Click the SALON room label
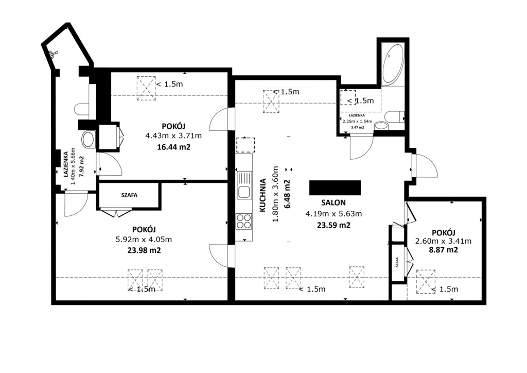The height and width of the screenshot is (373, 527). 333,202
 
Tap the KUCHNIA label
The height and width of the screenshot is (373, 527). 263,195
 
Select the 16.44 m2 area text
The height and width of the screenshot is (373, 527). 174,147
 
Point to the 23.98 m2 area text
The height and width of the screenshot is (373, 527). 144,250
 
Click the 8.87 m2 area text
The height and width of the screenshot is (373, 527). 443,250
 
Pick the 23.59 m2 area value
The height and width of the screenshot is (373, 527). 333,225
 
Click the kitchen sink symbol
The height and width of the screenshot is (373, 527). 244,185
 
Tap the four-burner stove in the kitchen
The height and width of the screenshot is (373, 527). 244,221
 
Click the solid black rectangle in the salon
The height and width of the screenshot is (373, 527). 335,188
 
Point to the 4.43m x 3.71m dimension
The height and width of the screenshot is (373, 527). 173,136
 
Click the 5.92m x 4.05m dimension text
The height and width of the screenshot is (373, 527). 144,240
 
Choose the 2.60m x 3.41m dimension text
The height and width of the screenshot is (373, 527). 443,241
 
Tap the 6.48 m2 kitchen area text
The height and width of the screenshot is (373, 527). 287,194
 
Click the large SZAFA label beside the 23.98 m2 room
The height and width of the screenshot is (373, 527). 129,195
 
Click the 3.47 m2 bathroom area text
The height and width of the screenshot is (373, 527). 358,127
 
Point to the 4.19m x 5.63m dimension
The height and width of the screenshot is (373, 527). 333,214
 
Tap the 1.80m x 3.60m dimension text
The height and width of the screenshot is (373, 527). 275,194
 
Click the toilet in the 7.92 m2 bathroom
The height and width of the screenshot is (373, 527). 82,109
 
